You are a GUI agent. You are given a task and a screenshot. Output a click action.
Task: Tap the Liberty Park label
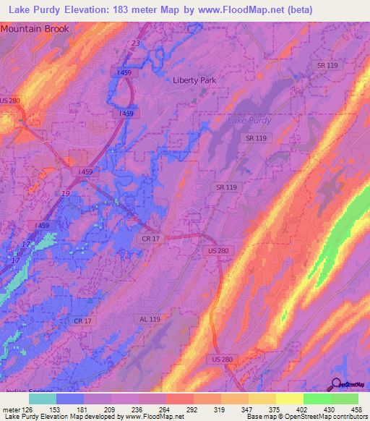click(194, 80)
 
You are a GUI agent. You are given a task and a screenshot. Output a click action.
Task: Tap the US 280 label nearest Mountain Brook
click(9, 101)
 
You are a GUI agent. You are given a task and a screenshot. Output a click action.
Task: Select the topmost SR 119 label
click(327, 66)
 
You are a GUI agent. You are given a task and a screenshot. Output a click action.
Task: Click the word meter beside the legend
click(11, 409)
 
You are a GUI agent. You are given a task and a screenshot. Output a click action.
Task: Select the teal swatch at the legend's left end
click(43, 399)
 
